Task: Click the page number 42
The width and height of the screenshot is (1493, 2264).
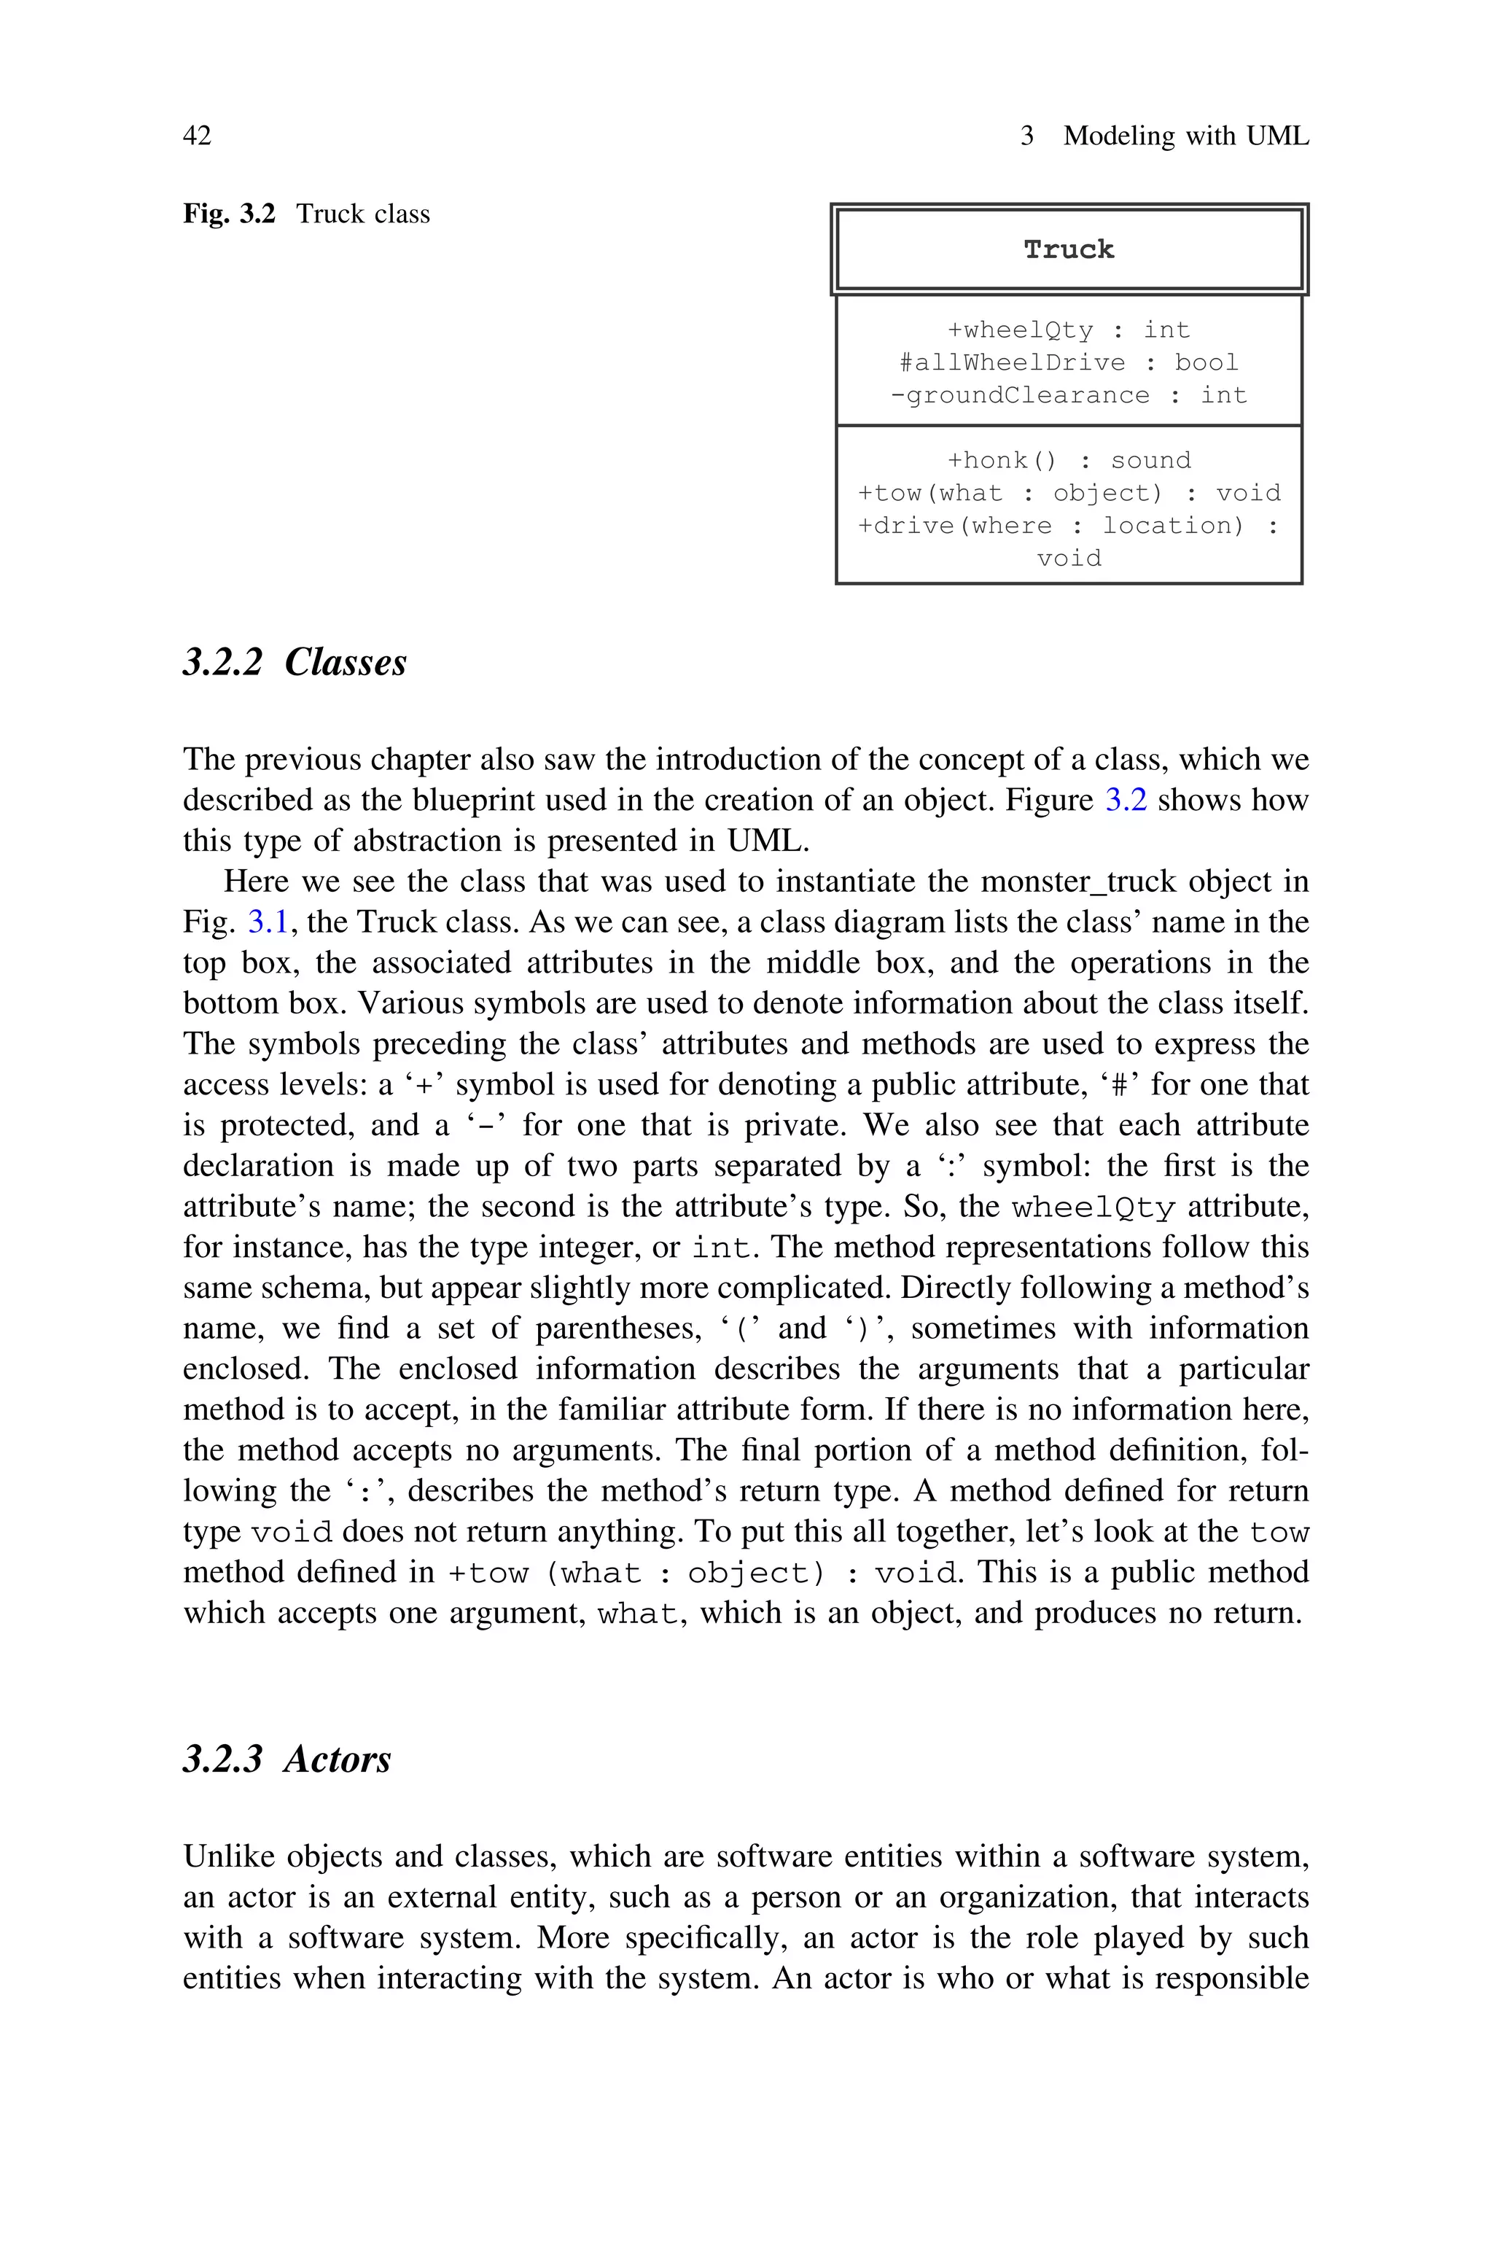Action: point(197,136)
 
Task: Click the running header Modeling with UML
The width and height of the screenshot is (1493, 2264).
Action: point(1185,136)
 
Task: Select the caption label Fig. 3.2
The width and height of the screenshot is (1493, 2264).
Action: point(228,214)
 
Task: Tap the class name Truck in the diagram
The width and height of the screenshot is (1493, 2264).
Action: point(1068,249)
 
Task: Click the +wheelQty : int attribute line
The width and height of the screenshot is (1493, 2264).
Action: point(1068,330)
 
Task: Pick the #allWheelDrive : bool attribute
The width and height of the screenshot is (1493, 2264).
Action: point(1068,362)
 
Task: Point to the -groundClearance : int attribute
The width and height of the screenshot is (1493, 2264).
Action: point(1068,395)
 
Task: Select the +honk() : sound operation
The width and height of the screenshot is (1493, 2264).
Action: point(1068,461)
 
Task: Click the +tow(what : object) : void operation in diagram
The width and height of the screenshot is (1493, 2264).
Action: point(1068,493)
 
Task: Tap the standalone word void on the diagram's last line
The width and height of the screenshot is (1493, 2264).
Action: point(1068,558)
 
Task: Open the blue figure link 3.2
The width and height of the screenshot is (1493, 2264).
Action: point(1126,800)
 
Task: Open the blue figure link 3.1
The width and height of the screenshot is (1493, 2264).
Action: point(268,922)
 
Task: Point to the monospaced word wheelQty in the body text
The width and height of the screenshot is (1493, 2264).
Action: point(1093,1207)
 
